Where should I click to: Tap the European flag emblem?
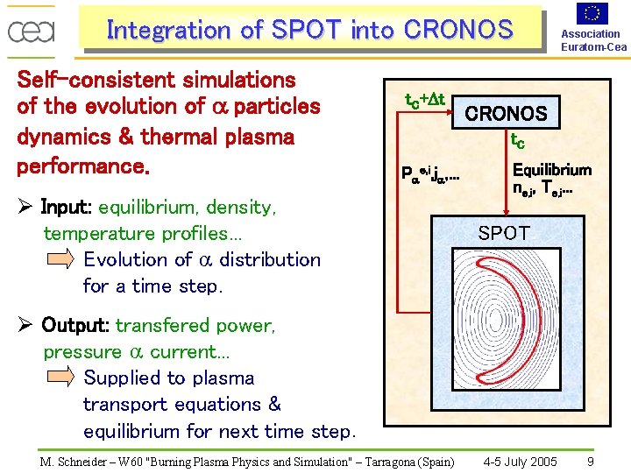(x=593, y=13)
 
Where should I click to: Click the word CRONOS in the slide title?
(x=458, y=30)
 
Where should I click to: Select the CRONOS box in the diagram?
(x=506, y=114)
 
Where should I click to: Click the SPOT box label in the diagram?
(x=504, y=233)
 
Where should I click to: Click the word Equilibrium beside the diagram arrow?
(x=552, y=170)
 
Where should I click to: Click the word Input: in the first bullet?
(x=67, y=208)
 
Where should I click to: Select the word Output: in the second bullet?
(x=75, y=326)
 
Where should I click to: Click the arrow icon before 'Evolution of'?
(x=60, y=259)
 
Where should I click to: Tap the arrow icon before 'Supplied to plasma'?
(x=60, y=378)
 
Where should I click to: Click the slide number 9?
(x=591, y=462)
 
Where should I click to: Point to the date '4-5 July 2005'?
(x=521, y=462)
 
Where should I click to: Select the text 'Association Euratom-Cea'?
(x=593, y=40)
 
